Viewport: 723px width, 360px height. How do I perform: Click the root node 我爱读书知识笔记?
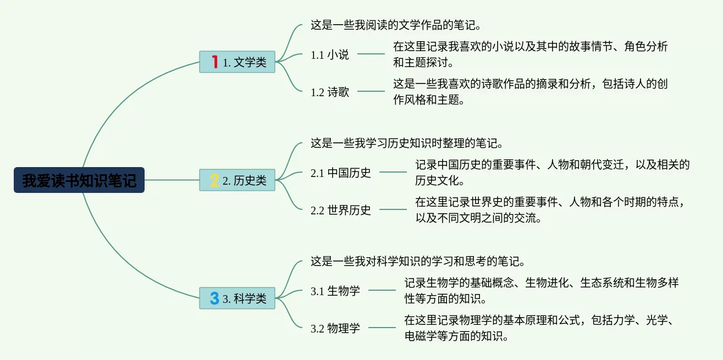79,180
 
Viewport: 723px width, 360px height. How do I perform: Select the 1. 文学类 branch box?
237,62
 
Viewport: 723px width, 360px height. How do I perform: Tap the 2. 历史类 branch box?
237,180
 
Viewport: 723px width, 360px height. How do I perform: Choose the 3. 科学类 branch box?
237,298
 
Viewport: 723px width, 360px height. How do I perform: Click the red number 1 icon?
214,62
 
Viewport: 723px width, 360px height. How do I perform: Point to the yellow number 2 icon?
214,180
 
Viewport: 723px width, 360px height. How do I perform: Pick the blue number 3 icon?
214,298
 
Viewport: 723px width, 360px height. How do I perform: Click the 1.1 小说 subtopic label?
330,54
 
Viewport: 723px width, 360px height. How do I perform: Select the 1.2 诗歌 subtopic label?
330,92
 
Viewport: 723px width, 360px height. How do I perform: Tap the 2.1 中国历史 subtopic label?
341,173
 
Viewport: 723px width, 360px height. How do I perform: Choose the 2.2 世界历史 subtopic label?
341,210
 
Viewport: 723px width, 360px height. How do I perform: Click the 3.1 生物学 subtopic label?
335,291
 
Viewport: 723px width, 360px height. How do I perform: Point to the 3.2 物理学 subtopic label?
335,329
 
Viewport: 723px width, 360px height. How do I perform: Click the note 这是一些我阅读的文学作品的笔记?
396,25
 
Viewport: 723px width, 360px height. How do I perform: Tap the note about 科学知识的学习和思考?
418,261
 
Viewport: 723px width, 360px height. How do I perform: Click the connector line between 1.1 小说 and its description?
371,54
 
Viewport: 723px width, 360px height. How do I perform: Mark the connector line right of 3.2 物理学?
382,328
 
